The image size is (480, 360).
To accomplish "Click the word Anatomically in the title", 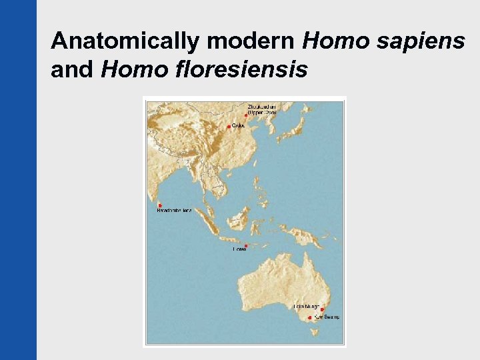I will tap(126, 41).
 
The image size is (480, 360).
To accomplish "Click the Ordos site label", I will tap(239, 125).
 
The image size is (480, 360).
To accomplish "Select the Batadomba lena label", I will tap(174, 211).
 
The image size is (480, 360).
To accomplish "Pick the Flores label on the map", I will tap(239, 249).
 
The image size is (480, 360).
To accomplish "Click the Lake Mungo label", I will tap(307, 307).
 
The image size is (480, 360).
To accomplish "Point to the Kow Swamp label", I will tap(327, 317).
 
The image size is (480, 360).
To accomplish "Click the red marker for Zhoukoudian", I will tap(246, 115).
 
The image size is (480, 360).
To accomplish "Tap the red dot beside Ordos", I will tap(229, 126).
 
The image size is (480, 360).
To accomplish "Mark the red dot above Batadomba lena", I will tap(160, 205).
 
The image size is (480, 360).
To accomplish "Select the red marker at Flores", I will tap(246, 246).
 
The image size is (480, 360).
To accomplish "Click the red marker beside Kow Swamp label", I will tap(310, 317).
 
